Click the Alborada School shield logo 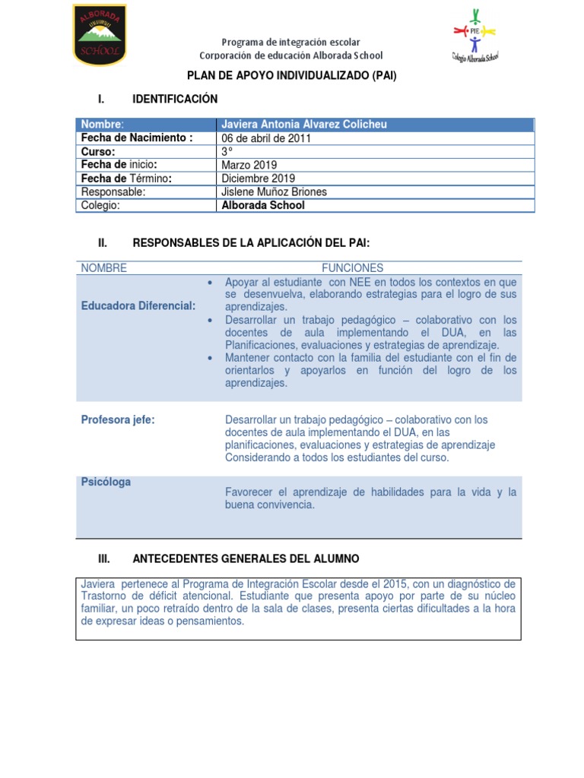coord(100,35)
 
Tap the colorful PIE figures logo coord(474,36)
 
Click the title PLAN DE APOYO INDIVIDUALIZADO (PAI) coord(292,76)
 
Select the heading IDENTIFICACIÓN coord(175,99)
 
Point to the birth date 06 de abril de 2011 coord(265,138)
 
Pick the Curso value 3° coord(226,151)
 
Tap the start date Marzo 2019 coord(249,165)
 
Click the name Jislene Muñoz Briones coord(274,192)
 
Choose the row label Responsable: coord(113,192)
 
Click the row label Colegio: coord(101,205)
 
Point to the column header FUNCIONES coord(352,268)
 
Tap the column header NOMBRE coord(104,268)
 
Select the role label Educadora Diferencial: coord(138,305)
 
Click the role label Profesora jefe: coord(118,419)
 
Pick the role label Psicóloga coord(106,482)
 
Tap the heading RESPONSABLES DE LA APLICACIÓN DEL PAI coord(251,242)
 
